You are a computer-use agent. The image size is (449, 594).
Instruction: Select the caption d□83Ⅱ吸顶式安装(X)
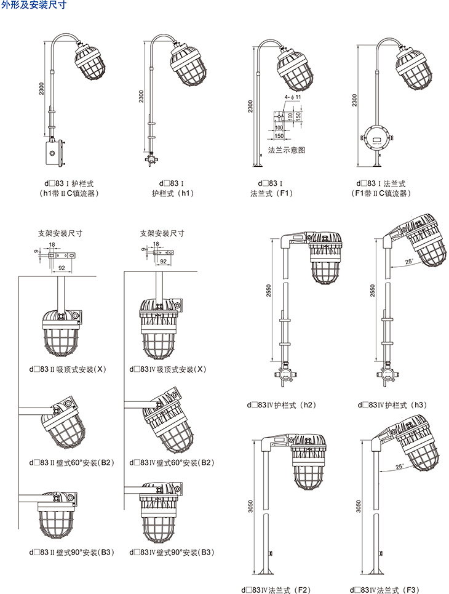(68, 369)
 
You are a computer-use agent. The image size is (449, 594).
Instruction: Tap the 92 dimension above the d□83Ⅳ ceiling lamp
(164, 261)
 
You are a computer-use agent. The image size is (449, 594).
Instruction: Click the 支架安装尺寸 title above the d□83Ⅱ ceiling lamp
(60, 233)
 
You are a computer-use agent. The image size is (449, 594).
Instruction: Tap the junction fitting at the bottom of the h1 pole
(148, 159)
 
